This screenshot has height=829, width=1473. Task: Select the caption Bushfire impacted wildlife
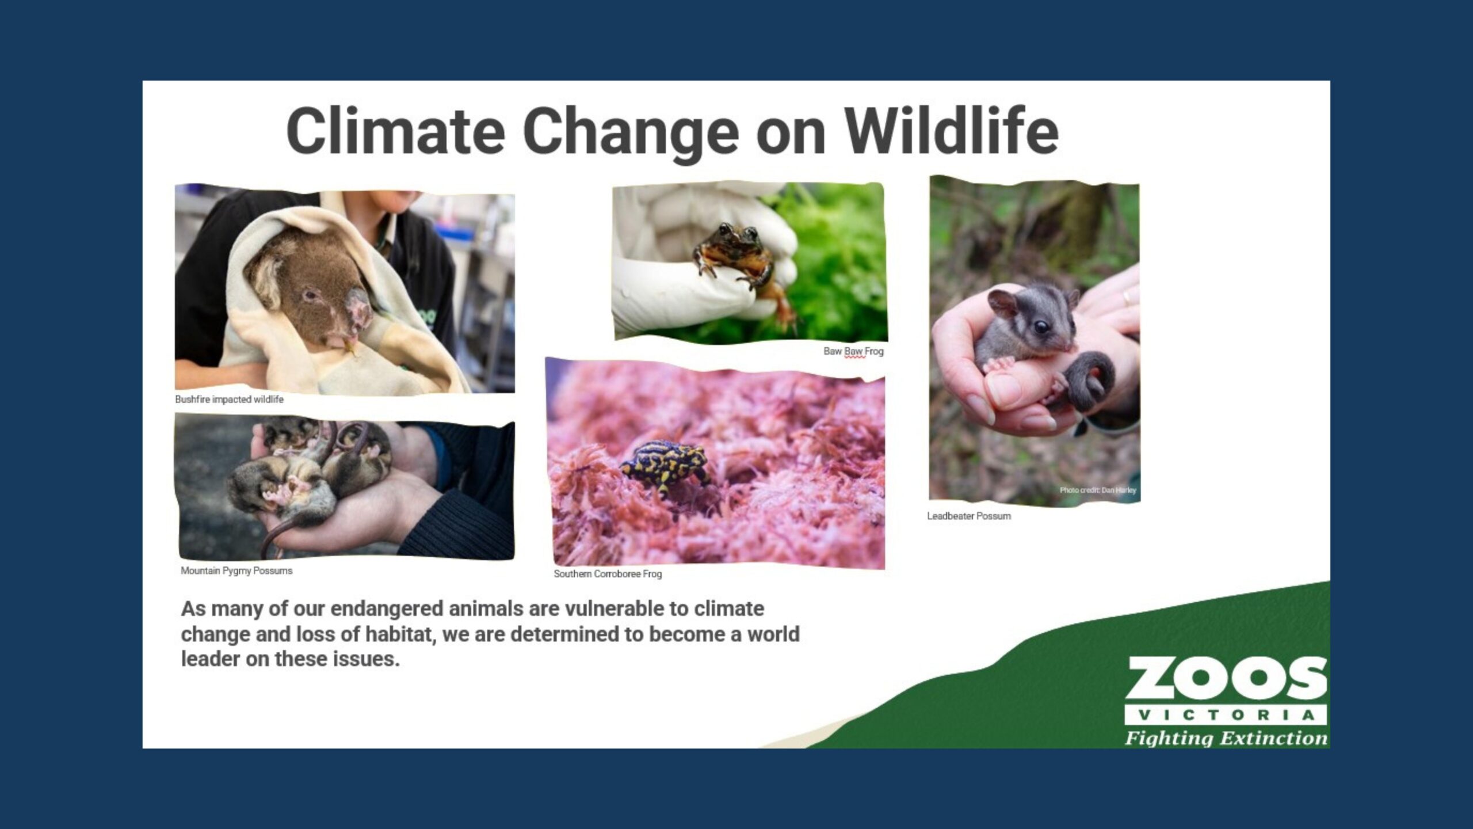coord(229,400)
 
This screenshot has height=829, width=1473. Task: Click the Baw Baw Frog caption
coord(853,351)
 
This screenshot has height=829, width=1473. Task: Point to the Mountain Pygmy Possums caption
coord(236,571)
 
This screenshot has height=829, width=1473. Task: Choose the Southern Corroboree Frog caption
coord(608,574)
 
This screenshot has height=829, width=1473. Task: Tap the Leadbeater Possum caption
coord(968,516)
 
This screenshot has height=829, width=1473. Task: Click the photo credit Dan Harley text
coord(1098,490)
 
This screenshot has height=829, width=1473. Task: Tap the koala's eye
coord(311,295)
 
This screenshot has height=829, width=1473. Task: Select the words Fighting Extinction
coord(1226,737)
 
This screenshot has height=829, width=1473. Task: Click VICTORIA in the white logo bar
coord(1226,715)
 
